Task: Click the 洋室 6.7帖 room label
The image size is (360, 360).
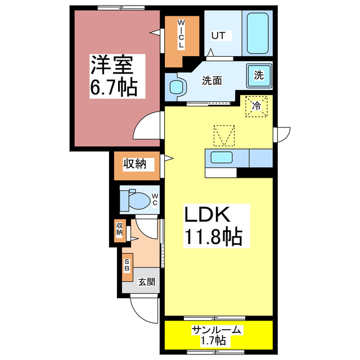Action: [x=112, y=75]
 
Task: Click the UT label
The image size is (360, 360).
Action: [x=218, y=35]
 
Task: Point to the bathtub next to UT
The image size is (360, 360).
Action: [x=258, y=33]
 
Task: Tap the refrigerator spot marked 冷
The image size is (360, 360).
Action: [x=256, y=106]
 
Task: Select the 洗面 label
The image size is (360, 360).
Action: [x=212, y=80]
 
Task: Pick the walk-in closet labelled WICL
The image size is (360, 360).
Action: [x=181, y=34]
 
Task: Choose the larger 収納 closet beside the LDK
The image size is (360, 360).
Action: [x=135, y=165]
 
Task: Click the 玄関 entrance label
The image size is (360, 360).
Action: [x=147, y=282]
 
